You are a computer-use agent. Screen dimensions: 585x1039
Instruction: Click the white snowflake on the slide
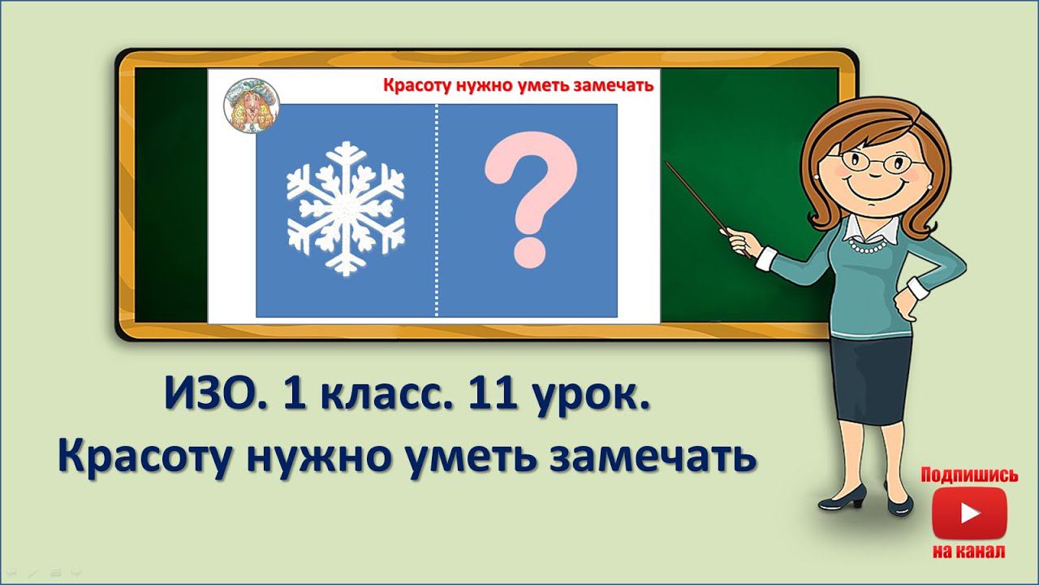[x=346, y=209]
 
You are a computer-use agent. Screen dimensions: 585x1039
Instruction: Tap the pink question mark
[x=531, y=200]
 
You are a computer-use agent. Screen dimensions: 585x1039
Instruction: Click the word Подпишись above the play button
[x=969, y=475]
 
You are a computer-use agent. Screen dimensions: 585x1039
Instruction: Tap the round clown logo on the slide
[x=249, y=107]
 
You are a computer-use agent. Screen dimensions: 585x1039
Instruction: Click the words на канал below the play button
[x=969, y=552]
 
